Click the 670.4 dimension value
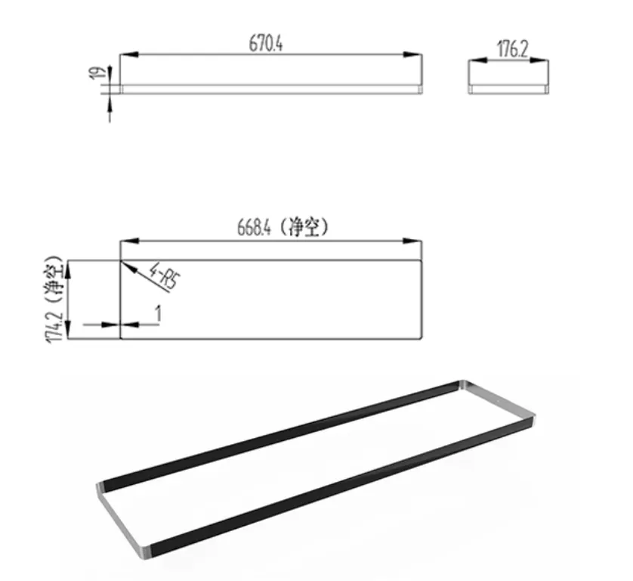pos(266,44)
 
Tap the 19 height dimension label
pos(96,73)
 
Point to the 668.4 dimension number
pos(254,228)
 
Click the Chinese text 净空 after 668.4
pos(307,228)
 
